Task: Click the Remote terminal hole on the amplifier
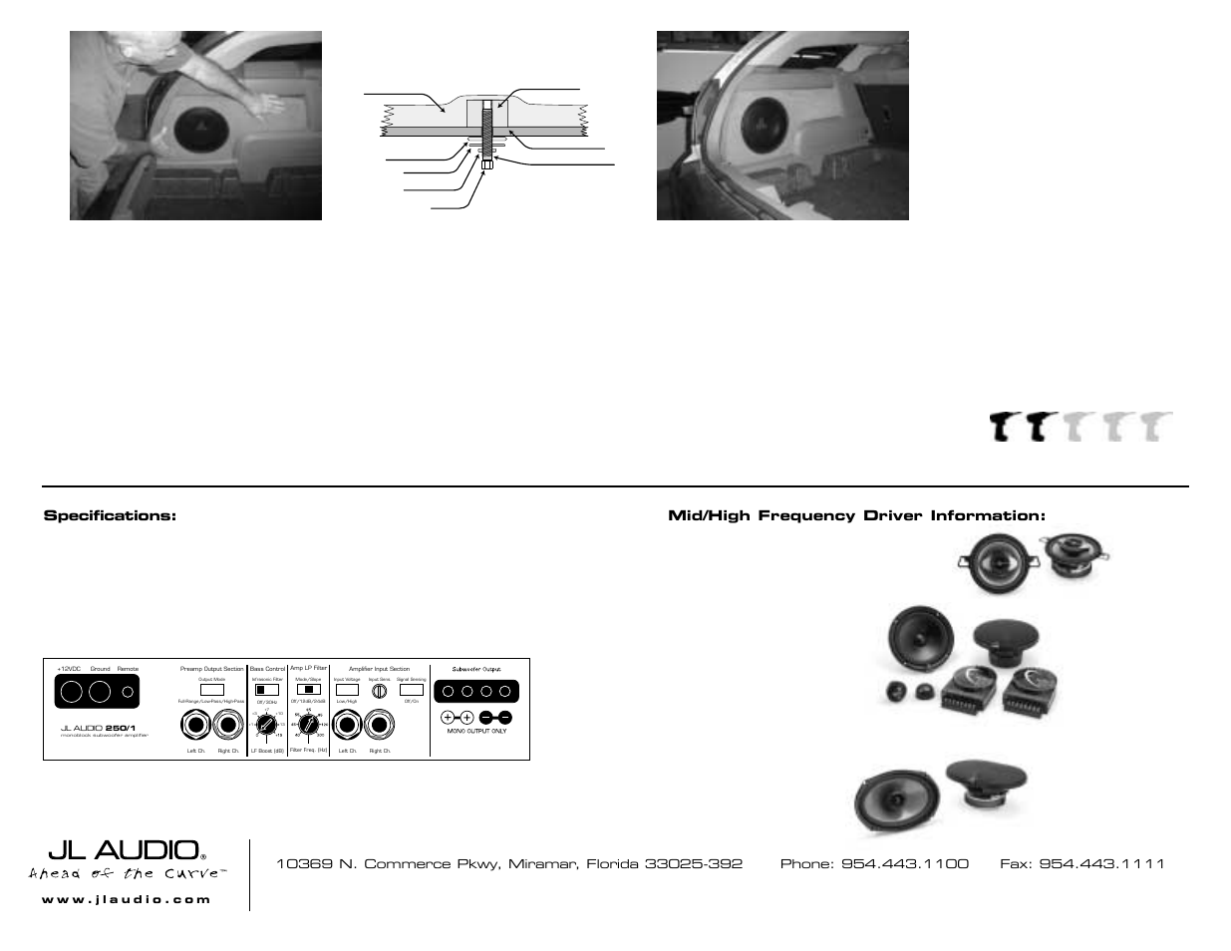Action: (128, 691)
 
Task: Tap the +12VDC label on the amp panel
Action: (69, 669)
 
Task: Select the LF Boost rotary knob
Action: (266, 726)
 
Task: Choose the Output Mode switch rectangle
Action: (211, 689)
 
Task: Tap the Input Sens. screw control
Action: (379, 690)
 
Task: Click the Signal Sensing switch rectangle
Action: (411, 690)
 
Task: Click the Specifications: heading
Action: (110, 515)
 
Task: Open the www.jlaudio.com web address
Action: (127, 899)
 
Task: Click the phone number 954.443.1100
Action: (904, 864)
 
